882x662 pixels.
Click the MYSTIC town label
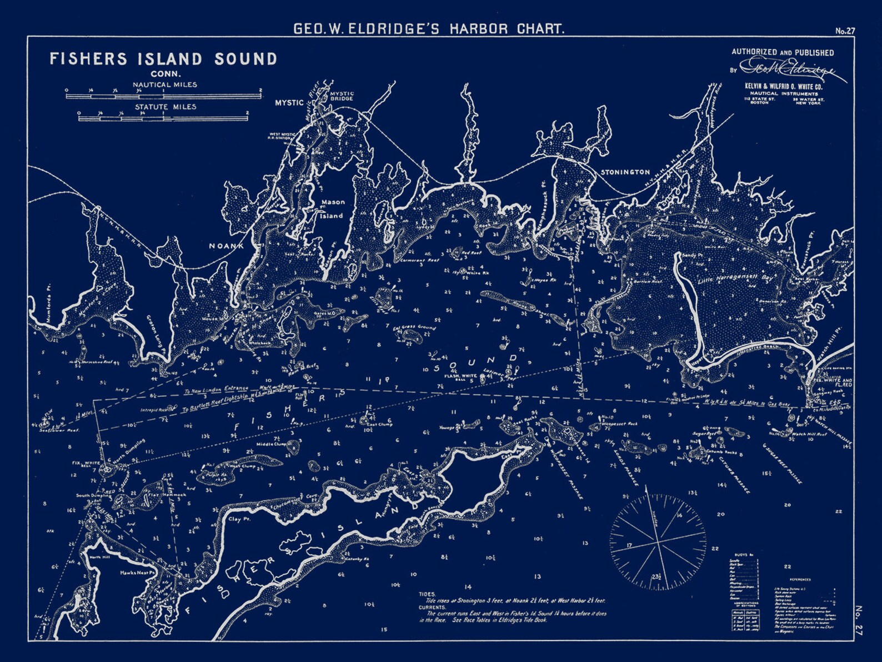pos(289,103)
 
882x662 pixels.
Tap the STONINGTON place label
pos(625,172)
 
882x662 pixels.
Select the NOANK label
pos(226,246)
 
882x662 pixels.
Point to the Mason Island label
pos(332,209)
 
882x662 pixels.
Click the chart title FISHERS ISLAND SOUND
pos(163,59)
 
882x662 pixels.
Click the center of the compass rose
pos(658,539)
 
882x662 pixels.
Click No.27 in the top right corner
pos(845,31)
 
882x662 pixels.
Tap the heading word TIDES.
pos(428,594)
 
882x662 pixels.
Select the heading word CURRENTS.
pos(432,608)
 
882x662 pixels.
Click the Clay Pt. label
pos(239,519)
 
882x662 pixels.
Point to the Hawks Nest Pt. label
pos(137,573)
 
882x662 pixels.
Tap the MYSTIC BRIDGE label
pos(342,96)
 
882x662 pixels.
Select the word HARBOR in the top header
pos(478,29)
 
